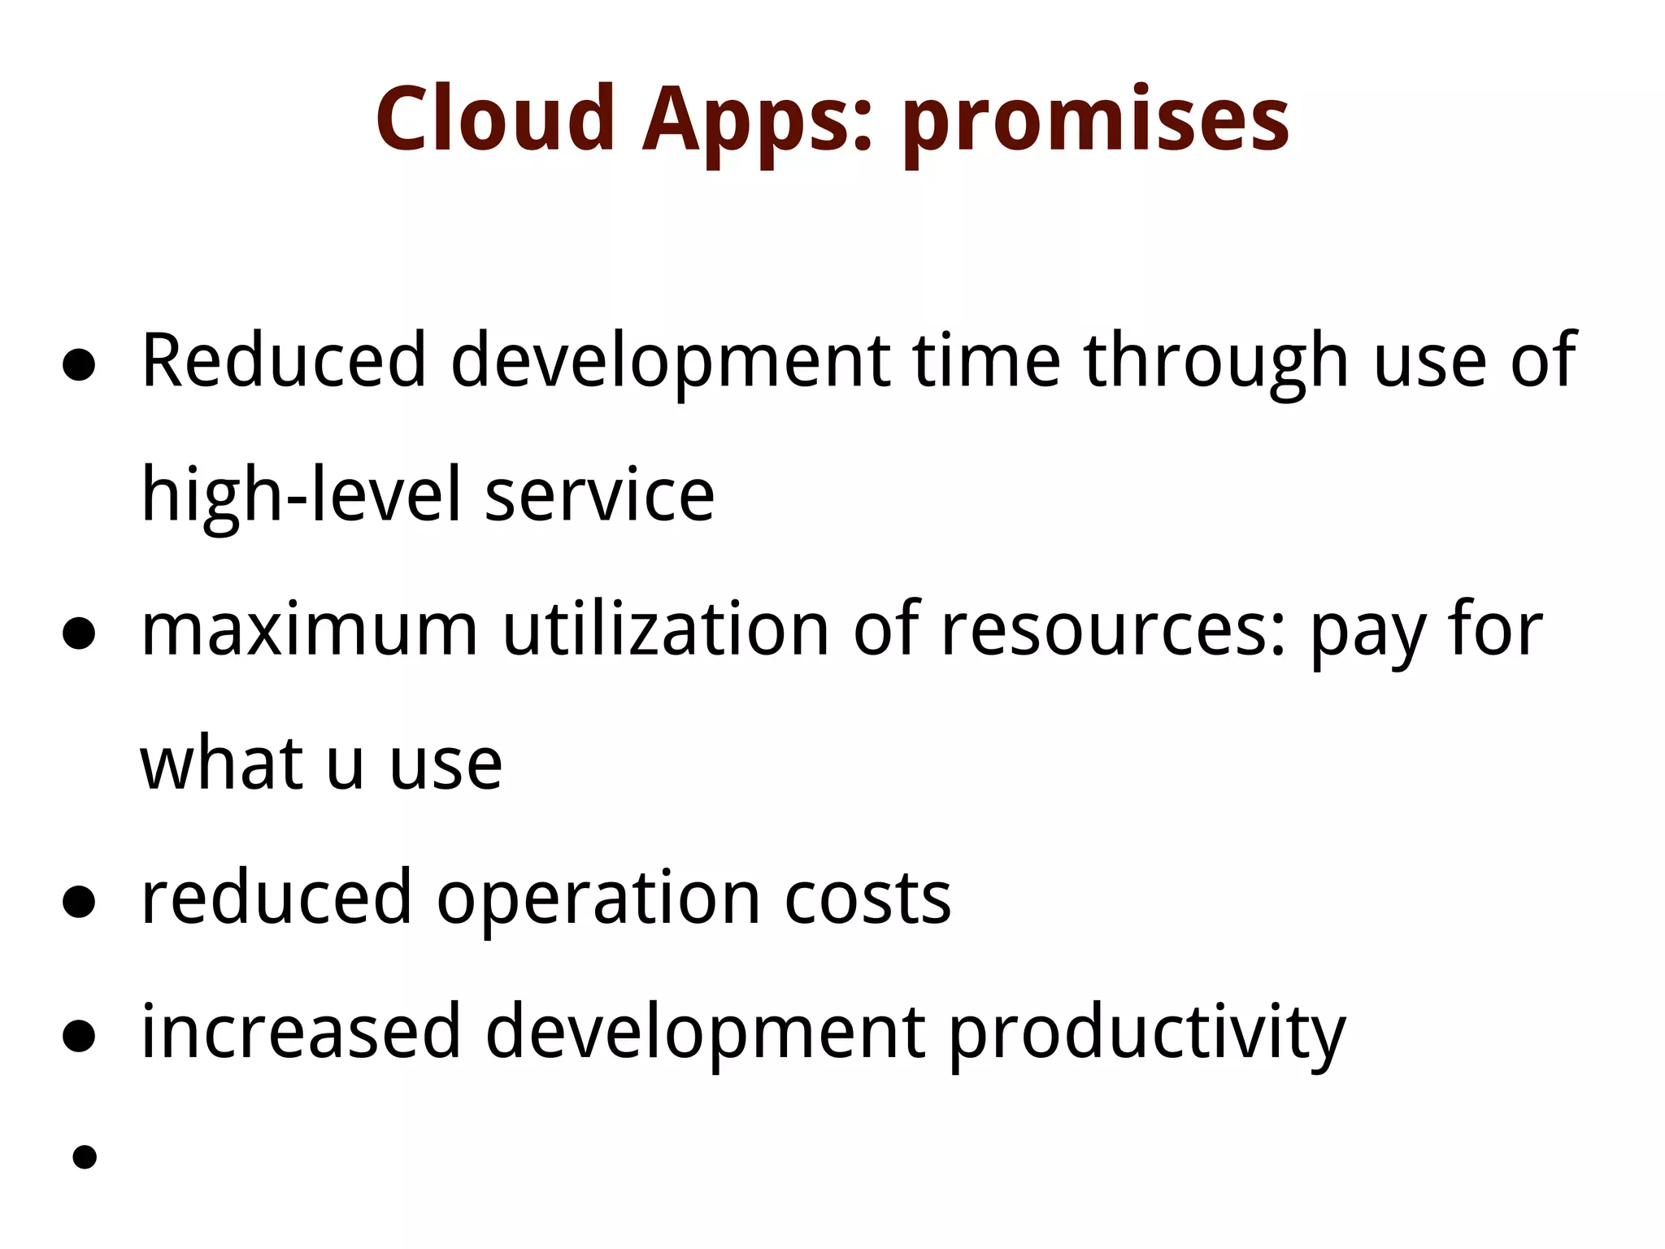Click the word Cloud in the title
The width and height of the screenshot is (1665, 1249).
click(x=494, y=120)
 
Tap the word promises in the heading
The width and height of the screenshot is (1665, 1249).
click(x=1095, y=122)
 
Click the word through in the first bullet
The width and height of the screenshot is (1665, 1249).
click(x=1215, y=362)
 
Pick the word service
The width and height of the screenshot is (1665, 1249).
click(x=599, y=496)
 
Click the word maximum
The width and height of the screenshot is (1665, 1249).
click(x=309, y=630)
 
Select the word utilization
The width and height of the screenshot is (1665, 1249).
click(x=665, y=630)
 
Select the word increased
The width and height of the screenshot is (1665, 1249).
click(x=301, y=1033)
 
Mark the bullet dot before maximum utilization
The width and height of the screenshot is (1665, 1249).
click(x=79, y=634)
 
